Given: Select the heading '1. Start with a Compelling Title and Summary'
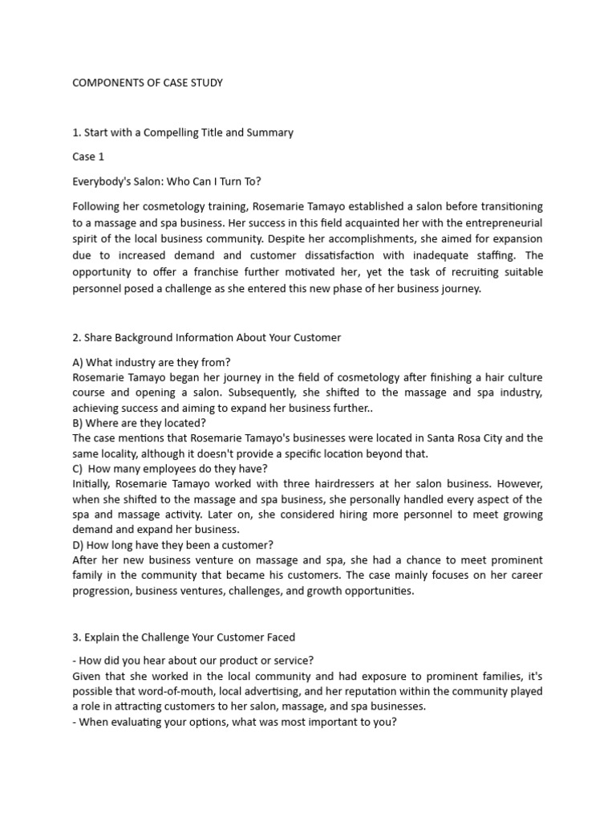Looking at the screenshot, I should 183,132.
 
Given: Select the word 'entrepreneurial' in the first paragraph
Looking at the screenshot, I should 501,222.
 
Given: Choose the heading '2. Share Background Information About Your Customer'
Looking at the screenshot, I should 206,338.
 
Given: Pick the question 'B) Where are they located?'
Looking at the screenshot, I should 139,422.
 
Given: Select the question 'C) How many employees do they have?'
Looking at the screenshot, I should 170,469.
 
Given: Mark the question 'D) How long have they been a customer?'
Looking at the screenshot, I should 172,544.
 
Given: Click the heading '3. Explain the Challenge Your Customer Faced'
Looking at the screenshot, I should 184,637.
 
